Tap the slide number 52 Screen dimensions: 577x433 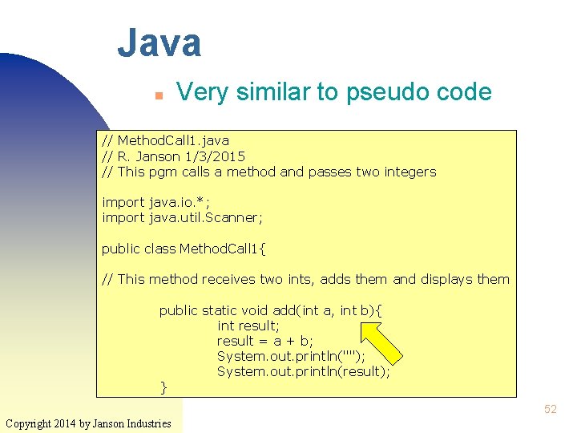(550, 409)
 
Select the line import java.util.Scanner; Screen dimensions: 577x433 (182, 217)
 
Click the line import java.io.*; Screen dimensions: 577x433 (156, 202)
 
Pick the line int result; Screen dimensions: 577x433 (248, 326)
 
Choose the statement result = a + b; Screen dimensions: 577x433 (265, 341)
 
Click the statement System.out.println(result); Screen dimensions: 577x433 (303, 371)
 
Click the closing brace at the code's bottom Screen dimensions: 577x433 (164, 387)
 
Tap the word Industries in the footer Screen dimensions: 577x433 (147, 423)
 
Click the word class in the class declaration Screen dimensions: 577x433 (159, 249)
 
